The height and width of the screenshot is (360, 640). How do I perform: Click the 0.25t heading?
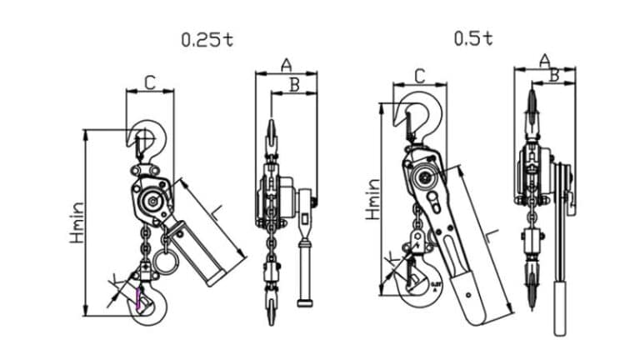click(207, 39)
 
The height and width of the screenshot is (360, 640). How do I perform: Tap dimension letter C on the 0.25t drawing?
click(150, 82)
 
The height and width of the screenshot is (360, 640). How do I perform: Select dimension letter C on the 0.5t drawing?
click(419, 76)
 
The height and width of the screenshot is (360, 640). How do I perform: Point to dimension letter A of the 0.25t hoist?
click(286, 64)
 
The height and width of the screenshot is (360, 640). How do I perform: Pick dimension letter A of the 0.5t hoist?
click(544, 59)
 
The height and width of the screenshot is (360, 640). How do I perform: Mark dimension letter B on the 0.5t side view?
click(554, 74)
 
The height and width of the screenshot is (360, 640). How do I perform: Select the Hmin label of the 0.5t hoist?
click(372, 200)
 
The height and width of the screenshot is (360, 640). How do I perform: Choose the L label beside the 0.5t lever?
click(492, 236)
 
